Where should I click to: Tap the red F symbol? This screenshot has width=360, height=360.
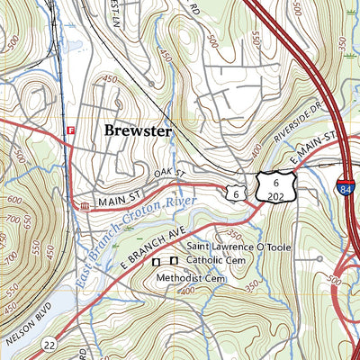pos(68,131)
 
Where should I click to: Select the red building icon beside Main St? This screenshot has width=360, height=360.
pos(85,207)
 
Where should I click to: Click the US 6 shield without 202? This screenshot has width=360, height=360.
pos(235,192)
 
